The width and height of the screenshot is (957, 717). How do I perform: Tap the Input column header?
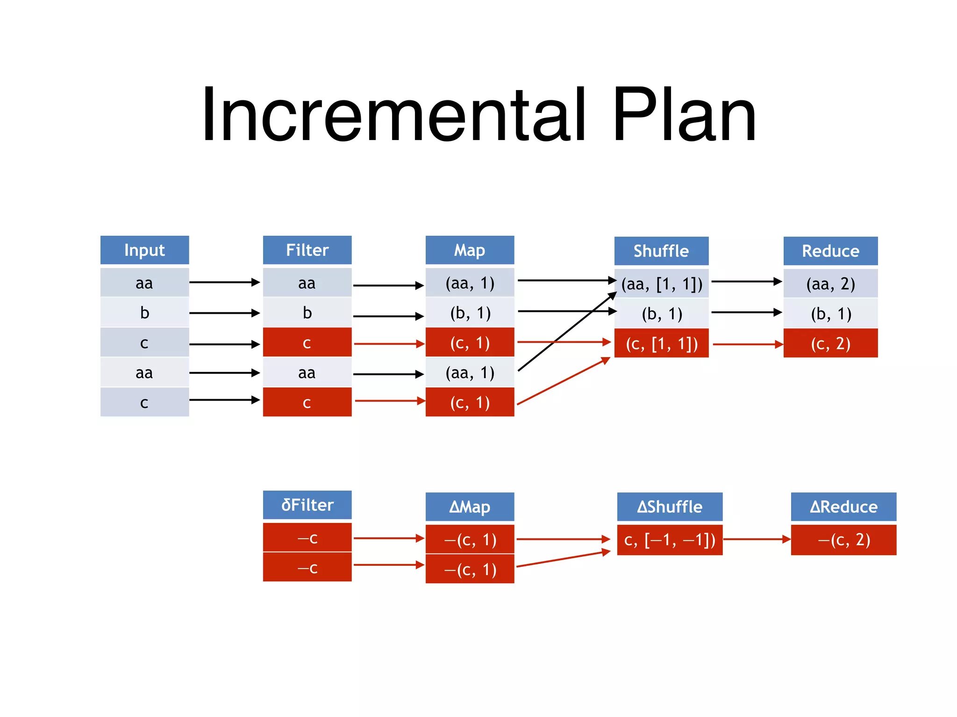(144, 250)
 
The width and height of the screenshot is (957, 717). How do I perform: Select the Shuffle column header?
(661, 251)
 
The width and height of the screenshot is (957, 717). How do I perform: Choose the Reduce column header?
(830, 251)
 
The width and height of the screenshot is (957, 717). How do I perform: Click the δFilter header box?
(307, 505)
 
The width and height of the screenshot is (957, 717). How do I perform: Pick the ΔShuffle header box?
(670, 507)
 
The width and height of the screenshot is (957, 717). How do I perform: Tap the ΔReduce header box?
(843, 507)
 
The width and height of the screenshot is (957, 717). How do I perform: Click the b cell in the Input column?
(144, 313)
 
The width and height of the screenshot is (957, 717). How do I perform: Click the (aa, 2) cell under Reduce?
(830, 284)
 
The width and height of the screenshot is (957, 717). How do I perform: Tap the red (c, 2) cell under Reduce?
(830, 344)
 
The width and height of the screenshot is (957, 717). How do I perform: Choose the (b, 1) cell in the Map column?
(470, 313)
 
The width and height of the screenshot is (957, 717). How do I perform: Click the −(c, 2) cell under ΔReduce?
(843, 540)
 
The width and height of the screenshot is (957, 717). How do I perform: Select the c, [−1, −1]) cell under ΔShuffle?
(670, 540)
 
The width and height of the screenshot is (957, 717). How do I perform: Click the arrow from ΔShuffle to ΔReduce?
(756, 539)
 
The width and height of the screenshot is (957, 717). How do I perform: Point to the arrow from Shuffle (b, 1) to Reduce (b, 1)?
(746, 312)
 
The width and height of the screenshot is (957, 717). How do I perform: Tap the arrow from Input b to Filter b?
(224, 313)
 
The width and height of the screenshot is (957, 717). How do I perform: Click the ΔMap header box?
(470, 507)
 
